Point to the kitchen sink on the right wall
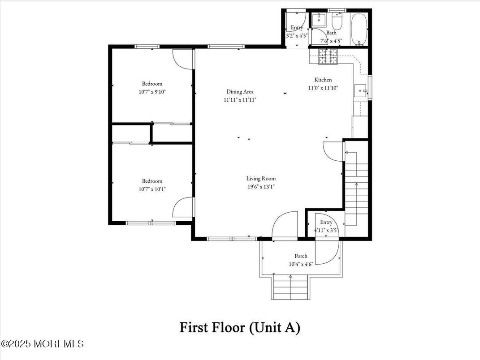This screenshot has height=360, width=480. (361, 91)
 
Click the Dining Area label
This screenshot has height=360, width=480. (240, 92)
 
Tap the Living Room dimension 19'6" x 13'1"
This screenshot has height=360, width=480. (261, 187)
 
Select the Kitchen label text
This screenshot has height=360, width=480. (323, 80)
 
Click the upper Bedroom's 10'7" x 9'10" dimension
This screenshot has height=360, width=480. (152, 91)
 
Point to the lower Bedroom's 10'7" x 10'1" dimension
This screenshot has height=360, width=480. (152, 189)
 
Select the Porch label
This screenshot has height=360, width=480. (301, 256)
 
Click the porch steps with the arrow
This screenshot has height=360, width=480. (290, 287)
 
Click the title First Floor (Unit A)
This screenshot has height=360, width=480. (240, 327)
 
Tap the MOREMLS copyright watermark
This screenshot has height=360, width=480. (43, 344)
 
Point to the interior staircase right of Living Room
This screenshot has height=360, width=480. (357, 188)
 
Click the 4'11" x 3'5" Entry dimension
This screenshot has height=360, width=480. (326, 230)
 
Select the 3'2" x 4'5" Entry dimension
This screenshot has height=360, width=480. (297, 35)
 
